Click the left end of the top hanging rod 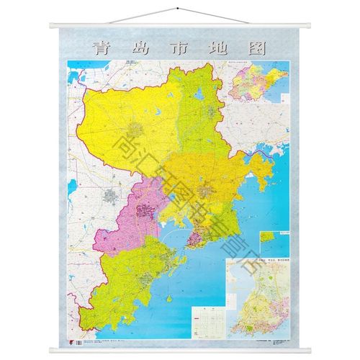[51, 27]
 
